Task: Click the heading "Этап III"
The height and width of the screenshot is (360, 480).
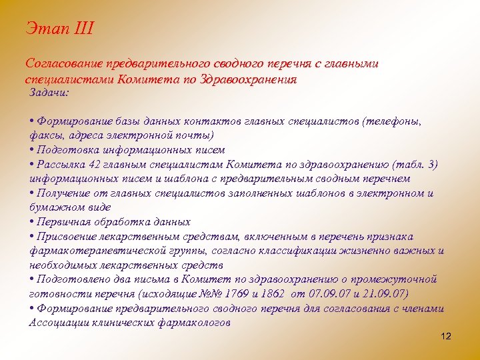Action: pos(60,29)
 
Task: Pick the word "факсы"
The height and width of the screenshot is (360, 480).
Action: pos(46,136)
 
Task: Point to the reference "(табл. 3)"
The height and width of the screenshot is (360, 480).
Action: pos(415,164)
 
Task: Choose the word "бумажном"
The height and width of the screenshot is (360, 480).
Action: pos(55,207)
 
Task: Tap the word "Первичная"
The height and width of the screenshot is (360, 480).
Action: pos(65,222)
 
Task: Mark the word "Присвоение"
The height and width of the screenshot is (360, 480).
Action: pos(69,237)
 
